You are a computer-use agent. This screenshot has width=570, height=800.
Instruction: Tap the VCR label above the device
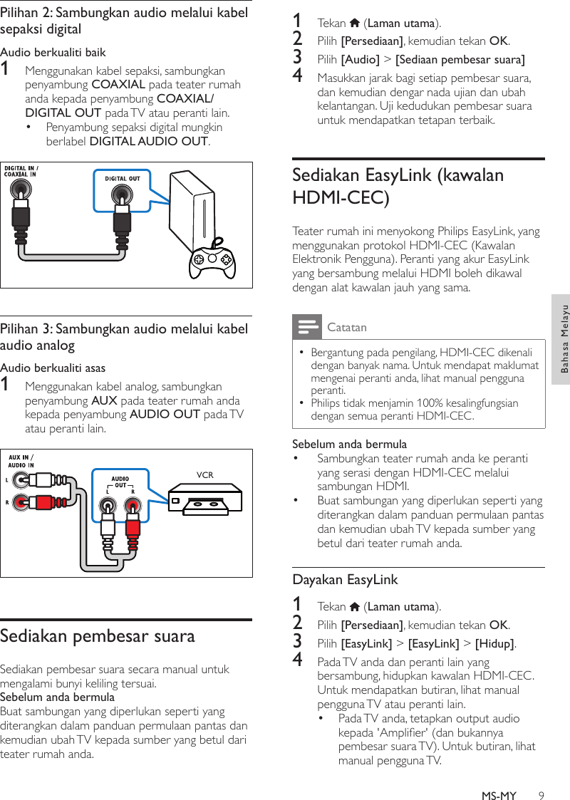click(204, 474)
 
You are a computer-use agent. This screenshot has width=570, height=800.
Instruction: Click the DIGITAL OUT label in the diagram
click(123, 178)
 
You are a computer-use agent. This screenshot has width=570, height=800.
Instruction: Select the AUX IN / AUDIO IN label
click(21, 462)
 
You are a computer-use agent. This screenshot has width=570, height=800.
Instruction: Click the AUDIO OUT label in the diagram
click(120, 482)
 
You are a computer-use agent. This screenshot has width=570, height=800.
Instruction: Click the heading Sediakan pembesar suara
click(98, 635)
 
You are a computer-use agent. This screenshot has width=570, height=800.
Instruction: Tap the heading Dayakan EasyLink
click(345, 579)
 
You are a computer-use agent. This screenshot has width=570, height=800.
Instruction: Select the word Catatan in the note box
click(346, 328)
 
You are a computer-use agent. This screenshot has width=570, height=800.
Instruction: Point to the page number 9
click(541, 776)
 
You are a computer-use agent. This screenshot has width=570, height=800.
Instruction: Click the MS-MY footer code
click(498, 776)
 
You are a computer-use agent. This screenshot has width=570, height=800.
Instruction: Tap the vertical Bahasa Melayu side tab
click(563, 338)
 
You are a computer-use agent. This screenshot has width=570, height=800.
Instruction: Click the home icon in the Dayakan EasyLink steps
click(355, 607)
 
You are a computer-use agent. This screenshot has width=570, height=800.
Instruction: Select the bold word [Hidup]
click(494, 644)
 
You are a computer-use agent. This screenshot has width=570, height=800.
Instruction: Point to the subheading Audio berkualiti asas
click(53, 368)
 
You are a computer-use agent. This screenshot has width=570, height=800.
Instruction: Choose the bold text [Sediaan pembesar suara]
click(460, 59)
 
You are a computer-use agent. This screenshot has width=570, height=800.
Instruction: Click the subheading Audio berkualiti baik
click(53, 53)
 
